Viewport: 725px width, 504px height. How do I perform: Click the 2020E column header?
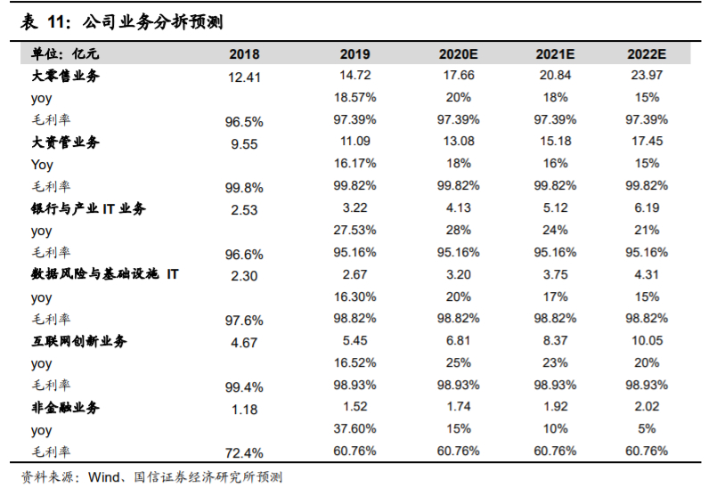coord(459,53)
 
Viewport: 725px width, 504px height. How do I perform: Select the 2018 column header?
coord(244,53)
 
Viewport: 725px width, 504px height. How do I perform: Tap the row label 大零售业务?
coord(66,76)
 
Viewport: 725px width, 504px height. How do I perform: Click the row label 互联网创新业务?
coord(79,341)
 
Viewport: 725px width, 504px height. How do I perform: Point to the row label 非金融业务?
coord(66,408)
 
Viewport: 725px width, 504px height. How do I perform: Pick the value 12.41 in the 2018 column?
coord(244,77)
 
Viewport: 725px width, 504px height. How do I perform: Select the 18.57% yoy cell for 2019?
coord(355,97)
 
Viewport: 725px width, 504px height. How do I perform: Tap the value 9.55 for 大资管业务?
coord(244,144)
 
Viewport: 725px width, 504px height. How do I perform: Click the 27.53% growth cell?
coord(355,230)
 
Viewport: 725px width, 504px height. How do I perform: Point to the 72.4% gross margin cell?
coord(244,453)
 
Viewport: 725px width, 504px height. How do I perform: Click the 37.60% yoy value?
coord(355,429)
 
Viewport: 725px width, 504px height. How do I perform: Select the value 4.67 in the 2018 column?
coord(244,343)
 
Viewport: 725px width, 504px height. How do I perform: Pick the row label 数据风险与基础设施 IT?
coord(105,274)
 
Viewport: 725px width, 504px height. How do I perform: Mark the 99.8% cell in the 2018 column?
coord(244,188)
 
